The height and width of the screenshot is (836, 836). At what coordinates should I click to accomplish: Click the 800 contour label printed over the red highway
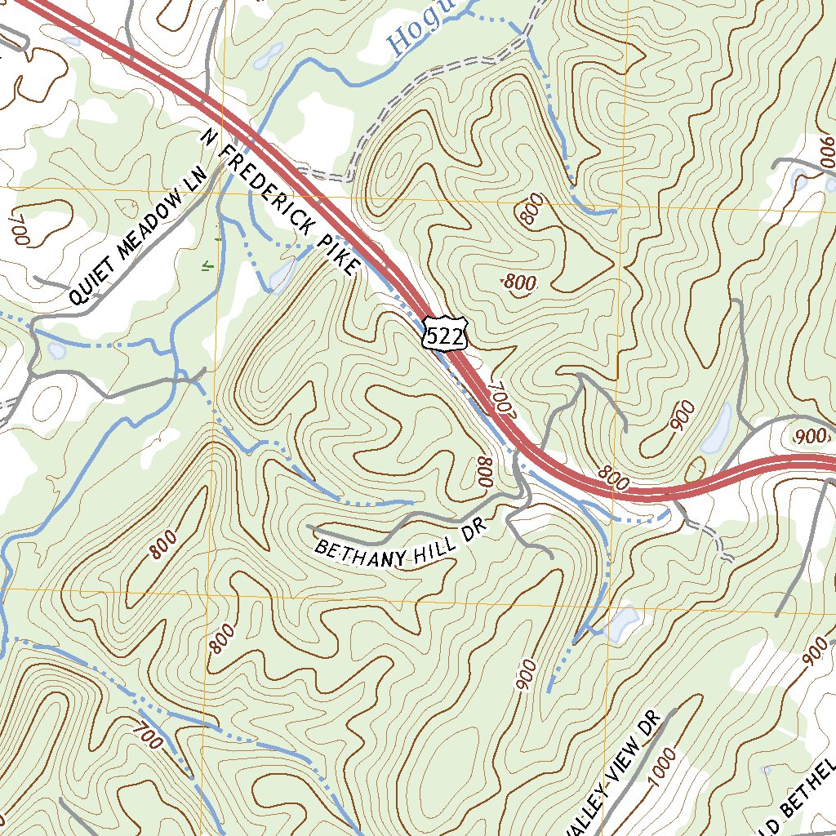coord(614,479)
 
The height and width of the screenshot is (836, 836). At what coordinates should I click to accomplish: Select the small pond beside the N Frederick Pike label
coord(280,275)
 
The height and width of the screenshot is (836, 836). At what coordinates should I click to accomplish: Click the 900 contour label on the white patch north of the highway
coord(810,437)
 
